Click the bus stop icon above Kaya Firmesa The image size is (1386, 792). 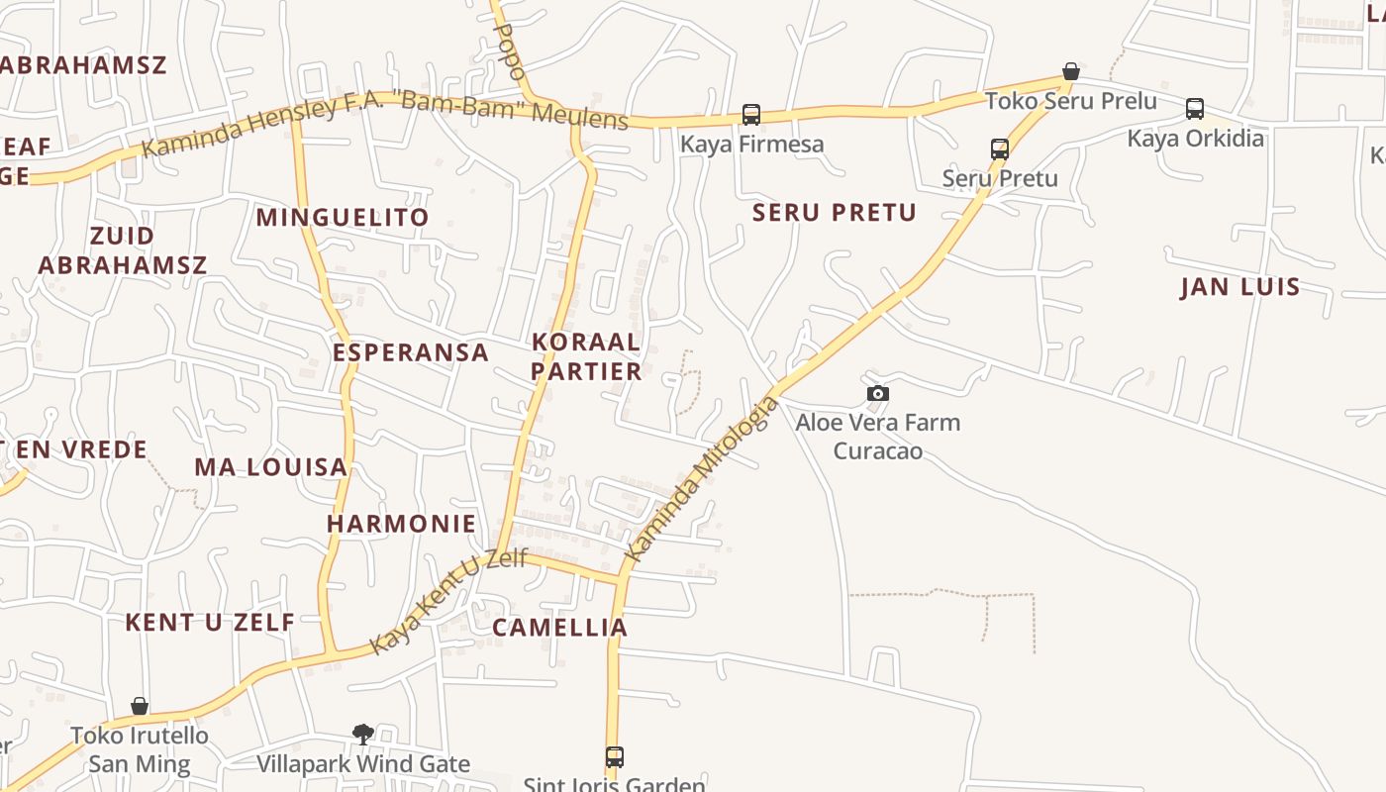(751, 115)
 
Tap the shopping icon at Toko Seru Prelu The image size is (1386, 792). (1070, 71)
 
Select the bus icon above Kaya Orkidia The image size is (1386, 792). (1195, 109)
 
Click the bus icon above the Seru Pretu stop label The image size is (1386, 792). (1000, 149)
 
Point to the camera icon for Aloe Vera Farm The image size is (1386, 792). (877, 394)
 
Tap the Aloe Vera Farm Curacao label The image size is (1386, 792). (877, 437)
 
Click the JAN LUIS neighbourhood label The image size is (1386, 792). (1239, 288)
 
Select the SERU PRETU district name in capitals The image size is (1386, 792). (835, 213)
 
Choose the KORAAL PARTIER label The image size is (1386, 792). (587, 356)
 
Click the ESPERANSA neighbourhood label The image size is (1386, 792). (411, 352)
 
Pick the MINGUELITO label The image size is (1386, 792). (343, 218)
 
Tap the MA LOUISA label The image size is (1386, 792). (271, 467)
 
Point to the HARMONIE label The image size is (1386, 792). (402, 524)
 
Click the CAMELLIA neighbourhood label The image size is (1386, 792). (560, 628)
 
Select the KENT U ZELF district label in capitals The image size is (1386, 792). (210, 623)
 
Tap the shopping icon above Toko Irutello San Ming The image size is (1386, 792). (140, 706)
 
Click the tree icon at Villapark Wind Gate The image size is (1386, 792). (363, 734)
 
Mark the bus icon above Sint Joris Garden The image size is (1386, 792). (615, 757)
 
